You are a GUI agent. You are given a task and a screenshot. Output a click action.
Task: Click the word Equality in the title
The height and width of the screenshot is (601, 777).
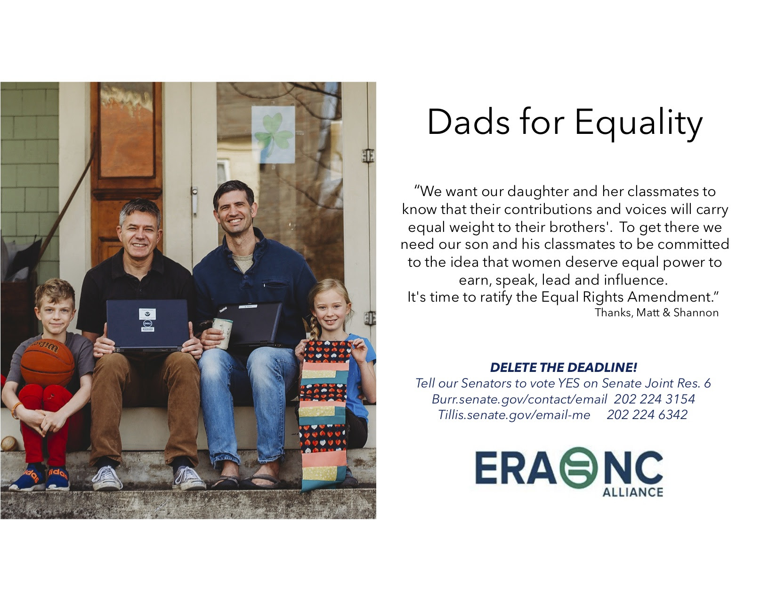638,123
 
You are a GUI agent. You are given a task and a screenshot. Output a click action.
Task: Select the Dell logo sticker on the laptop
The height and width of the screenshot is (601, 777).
147,323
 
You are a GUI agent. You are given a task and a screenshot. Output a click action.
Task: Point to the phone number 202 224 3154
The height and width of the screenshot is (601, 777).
655,399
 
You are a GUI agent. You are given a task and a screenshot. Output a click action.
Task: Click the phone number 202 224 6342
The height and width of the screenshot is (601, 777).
647,415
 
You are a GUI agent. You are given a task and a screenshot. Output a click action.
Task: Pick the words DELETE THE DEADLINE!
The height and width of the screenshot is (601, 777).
564,367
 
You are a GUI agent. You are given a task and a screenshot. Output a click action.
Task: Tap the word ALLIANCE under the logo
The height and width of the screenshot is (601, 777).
633,492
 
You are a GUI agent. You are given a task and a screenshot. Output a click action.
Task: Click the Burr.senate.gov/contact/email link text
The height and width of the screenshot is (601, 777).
519,399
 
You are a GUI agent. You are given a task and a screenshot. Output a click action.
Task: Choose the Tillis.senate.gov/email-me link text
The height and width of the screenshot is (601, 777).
514,415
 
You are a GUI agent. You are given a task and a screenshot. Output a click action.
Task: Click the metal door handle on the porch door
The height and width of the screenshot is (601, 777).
194,200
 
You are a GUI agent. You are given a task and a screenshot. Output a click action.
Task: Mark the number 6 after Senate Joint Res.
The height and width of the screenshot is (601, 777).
707,383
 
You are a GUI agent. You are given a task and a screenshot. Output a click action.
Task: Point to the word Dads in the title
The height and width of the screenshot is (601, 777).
469,123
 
